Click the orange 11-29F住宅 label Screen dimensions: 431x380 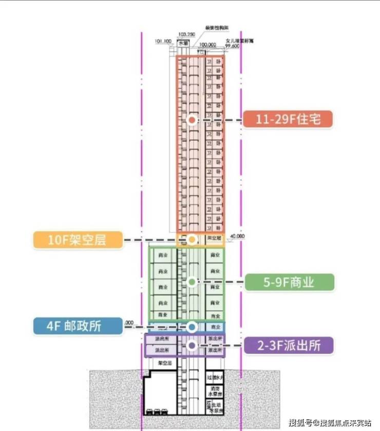point(288,119)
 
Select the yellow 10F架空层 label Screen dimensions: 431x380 point(78,239)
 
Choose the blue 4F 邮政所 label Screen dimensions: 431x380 point(78,326)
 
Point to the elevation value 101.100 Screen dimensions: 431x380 point(163,41)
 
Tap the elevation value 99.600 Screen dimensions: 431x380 point(232,46)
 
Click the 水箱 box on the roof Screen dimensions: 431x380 point(183,45)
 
